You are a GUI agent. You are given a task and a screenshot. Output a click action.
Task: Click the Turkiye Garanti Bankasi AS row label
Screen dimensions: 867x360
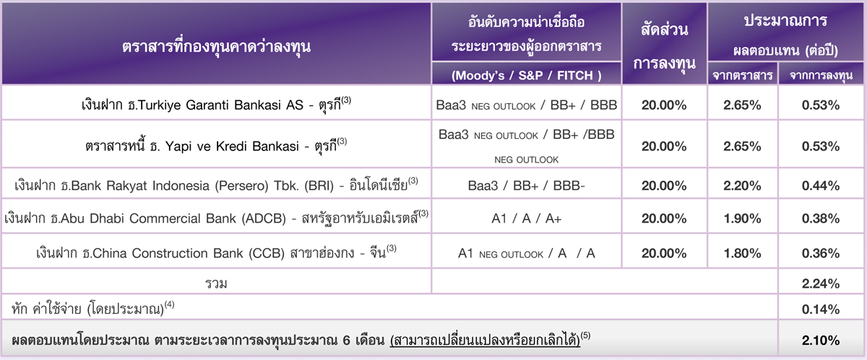pyautogui.click(x=216, y=105)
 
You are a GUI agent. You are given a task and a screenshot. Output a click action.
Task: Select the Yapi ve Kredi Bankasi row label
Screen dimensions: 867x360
pyautogui.click(x=216, y=145)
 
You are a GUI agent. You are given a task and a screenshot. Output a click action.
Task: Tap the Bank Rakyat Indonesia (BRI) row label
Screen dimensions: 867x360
pyautogui.click(x=216, y=185)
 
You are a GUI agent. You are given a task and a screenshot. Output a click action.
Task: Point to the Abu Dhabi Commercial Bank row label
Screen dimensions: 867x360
pyautogui.click(x=216, y=218)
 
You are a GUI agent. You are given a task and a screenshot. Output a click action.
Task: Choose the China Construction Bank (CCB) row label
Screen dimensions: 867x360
pyautogui.click(x=216, y=252)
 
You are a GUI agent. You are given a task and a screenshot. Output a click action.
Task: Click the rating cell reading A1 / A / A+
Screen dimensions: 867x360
pyautogui.click(x=526, y=219)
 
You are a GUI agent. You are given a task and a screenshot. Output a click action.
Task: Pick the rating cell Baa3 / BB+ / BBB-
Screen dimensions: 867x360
pyautogui.click(x=526, y=186)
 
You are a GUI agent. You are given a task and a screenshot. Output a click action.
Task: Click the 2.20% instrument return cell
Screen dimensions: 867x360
pyautogui.click(x=742, y=186)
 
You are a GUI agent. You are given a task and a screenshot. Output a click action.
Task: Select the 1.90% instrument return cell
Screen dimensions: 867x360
pyautogui.click(x=742, y=219)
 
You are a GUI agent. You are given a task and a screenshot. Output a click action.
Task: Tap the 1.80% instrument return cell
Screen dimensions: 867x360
pyautogui.click(x=742, y=253)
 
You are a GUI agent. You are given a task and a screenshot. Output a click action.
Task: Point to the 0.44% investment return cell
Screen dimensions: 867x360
pyautogui.click(x=821, y=186)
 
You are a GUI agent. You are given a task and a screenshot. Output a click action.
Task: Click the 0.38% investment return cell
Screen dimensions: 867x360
pyautogui.click(x=821, y=219)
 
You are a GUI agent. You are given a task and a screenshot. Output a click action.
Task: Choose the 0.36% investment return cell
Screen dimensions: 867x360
pyautogui.click(x=821, y=253)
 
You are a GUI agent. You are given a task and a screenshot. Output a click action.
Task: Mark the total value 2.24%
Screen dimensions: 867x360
pyautogui.click(x=821, y=284)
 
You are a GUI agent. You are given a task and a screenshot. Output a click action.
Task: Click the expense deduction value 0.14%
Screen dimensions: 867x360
pyautogui.click(x=821, y=309)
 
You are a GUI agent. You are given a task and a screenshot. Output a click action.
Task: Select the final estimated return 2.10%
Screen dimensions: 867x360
pyautogui.click(x=821, y=340)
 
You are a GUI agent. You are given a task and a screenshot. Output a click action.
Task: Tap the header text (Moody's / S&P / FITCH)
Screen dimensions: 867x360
pyautogui.click(x=527, y=75)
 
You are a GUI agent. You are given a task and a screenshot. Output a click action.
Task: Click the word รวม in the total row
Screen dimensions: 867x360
pyautogui.click(x=216, y=284)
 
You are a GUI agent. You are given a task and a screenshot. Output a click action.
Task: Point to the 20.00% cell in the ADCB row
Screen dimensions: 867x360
pyautogui.click(x=664, y=219)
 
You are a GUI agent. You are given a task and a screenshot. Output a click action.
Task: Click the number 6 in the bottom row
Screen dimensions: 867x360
pyautogui.click(x=346, y=340)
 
